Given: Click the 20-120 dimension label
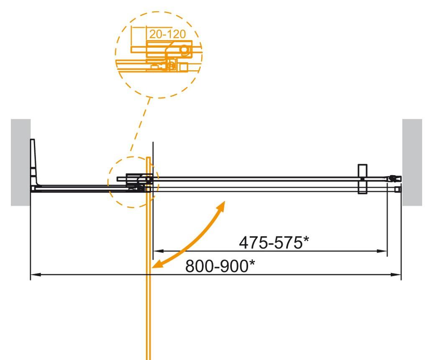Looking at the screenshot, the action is [168, 34].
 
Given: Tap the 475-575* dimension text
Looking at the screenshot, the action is [274, 243].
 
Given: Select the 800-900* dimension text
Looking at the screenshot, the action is [220, 266].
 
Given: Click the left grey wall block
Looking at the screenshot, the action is [21, 162].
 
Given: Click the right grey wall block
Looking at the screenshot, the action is [412, 162].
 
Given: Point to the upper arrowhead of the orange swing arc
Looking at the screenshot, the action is [222, 206].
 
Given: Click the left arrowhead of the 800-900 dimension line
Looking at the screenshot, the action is [35, 275].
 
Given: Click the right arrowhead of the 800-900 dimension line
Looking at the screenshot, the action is [396, 275].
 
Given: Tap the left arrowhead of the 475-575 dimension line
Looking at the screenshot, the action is [159, 251].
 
